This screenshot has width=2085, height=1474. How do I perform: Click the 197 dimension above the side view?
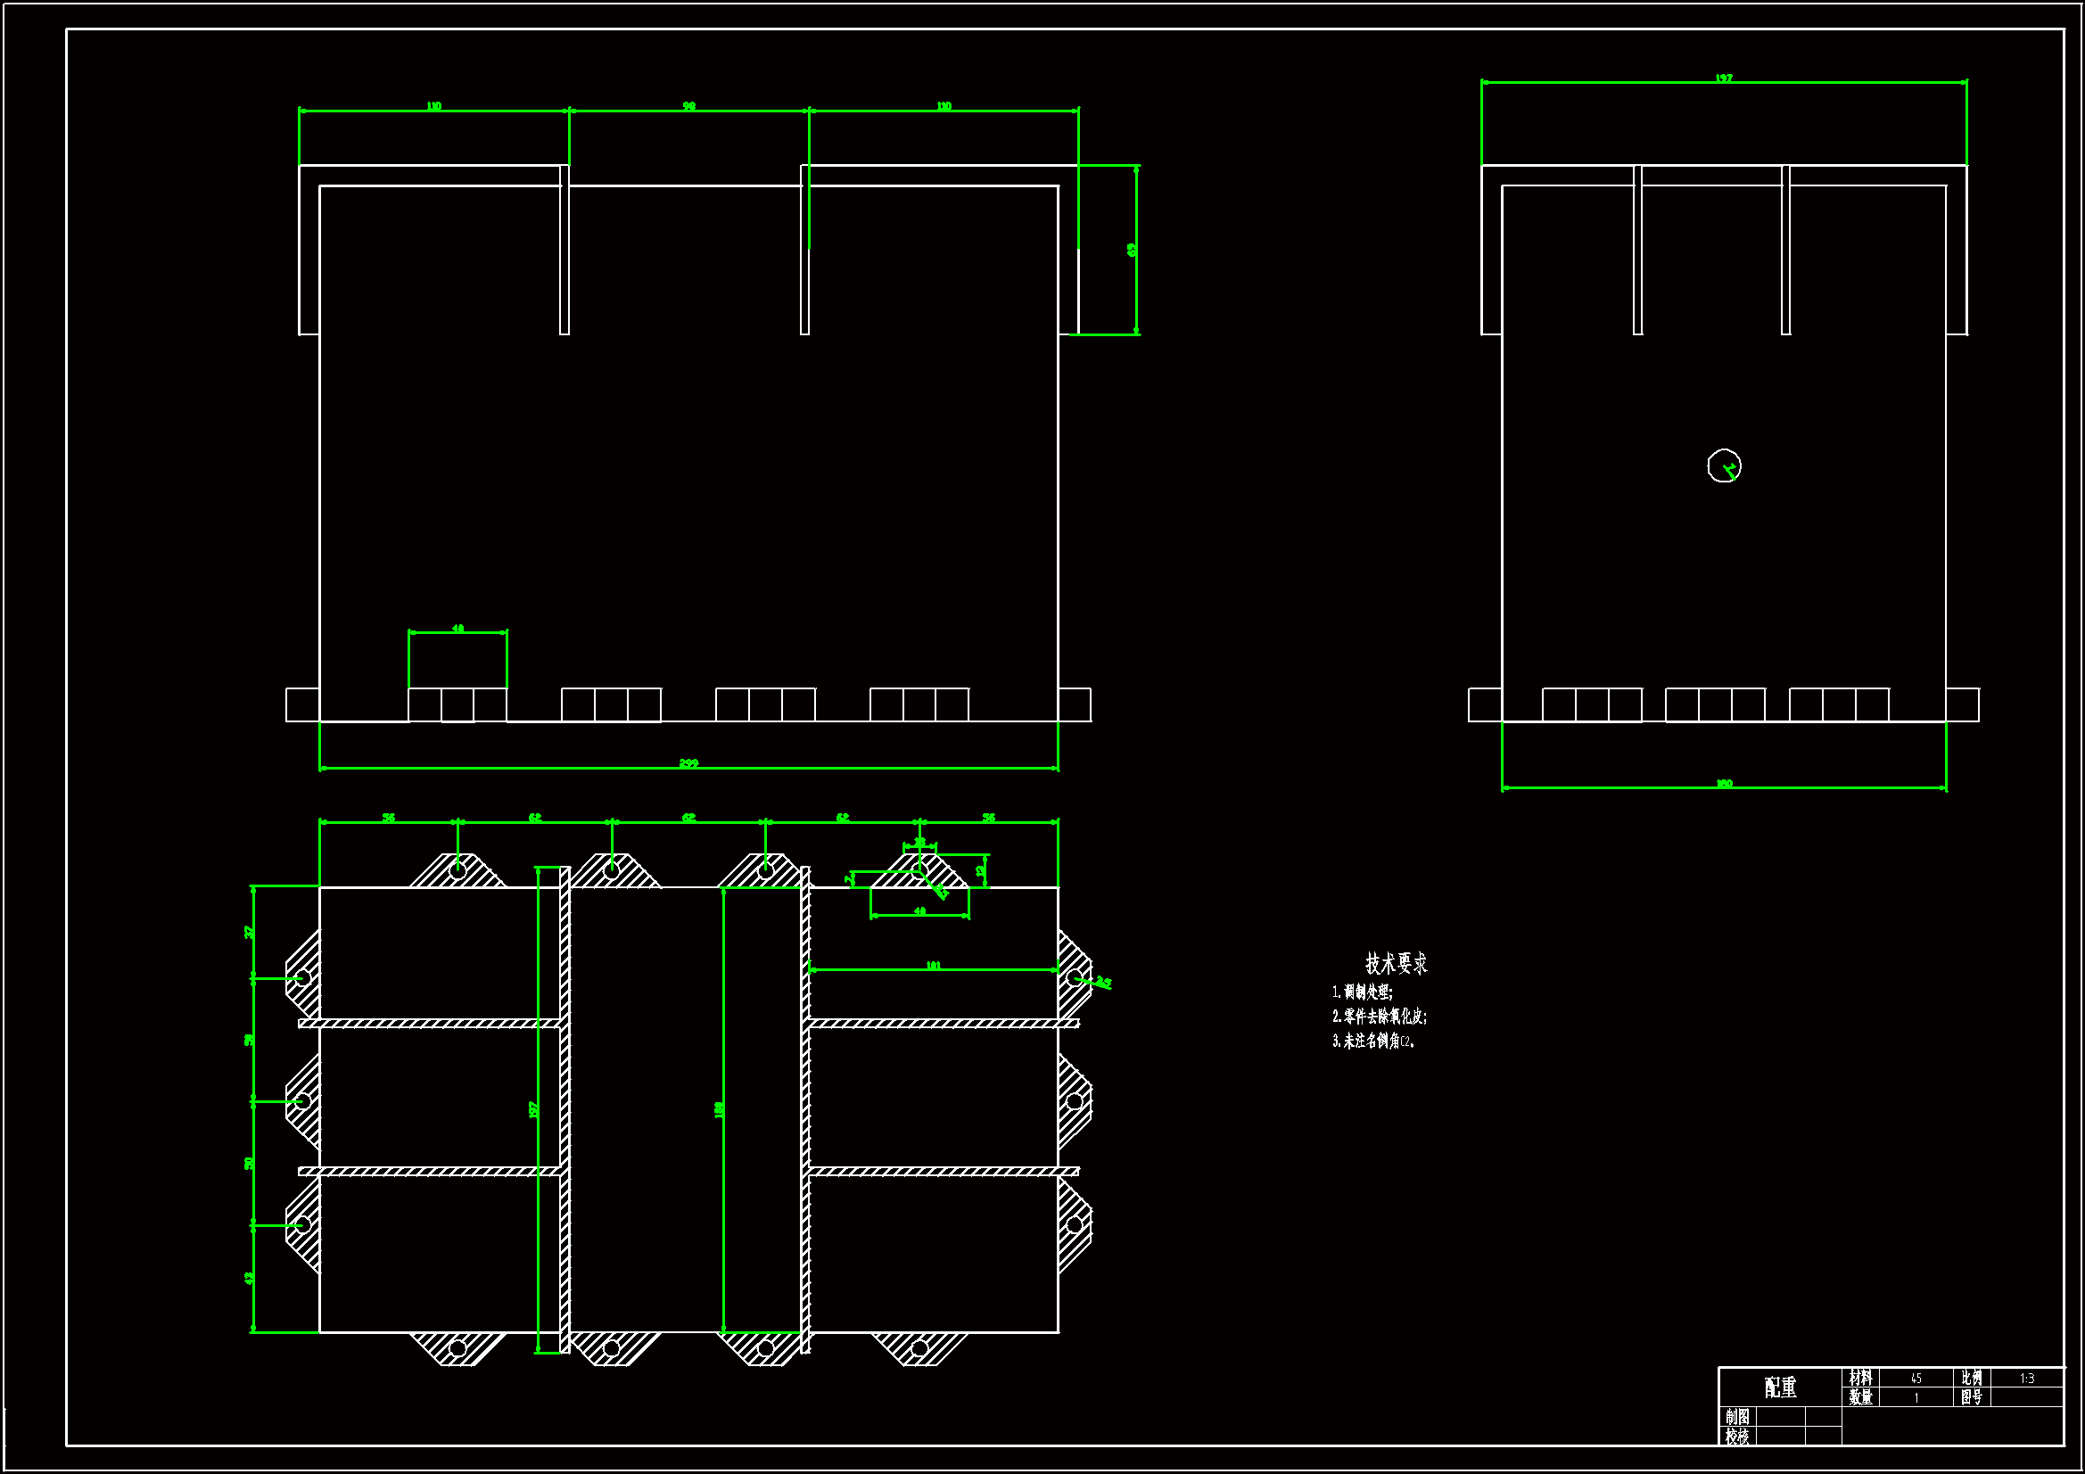(x=1724, y=79)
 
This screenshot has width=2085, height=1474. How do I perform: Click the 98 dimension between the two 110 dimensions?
(x=689, y=106)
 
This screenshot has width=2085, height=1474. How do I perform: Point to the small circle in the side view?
(x=1724, y=465)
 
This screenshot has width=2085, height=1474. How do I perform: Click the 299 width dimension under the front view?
(x=688, y=763)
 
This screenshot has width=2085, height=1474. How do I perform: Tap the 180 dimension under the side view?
(x=1724, y=783)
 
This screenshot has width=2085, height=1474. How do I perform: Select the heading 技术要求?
(x=1396, y=964)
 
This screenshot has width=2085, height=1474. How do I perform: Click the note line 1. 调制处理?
(x=1362, y=992)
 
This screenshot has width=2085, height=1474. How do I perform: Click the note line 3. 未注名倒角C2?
(x=1373, y=1041)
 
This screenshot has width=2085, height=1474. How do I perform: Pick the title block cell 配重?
(x=1780, y=1387)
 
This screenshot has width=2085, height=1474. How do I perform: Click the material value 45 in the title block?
(x=1916, y=1379)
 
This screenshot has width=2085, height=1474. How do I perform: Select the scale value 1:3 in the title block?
(x=2027, y=1379)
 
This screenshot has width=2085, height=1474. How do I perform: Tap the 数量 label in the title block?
(x=1860, y=1397)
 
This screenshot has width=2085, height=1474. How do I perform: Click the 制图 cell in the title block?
(x=1737, y=1417)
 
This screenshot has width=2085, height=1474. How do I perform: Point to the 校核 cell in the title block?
(x=1737, y=1436)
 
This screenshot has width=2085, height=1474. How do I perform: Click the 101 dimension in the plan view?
(x=933, y=966)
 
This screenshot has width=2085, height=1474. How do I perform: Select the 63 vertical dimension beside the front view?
(x=1132, y=249)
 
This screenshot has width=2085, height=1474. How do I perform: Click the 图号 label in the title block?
(x=1971, y=1397)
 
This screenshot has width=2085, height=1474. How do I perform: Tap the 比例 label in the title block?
(x=1971, y=1379)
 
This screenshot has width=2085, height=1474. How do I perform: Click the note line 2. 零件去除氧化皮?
(x=1379, y=1017)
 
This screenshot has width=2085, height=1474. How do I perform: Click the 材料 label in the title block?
(x=1860, y=1379)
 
